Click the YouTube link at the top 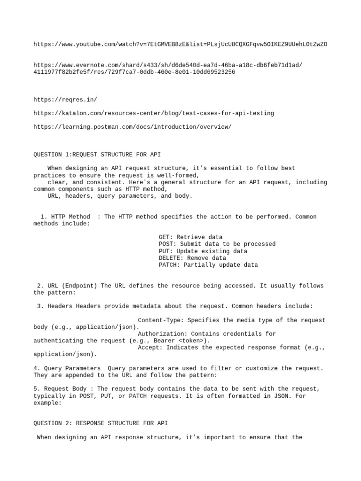(x=180, y=44)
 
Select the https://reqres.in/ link (x=65, y=99)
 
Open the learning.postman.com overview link (x=133, y=127)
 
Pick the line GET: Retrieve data (x=190, y=237)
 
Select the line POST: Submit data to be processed (x=217, y=244)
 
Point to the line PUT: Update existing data (x=203, y=251)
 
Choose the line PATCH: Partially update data (x=208, y=265)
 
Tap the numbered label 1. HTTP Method (x=65, y=217)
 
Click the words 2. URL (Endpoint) (x=67, y=286)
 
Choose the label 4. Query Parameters (x=67, y=368)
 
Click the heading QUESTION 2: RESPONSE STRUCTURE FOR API (x=101, y=423)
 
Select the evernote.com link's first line (x=168, y=65)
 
